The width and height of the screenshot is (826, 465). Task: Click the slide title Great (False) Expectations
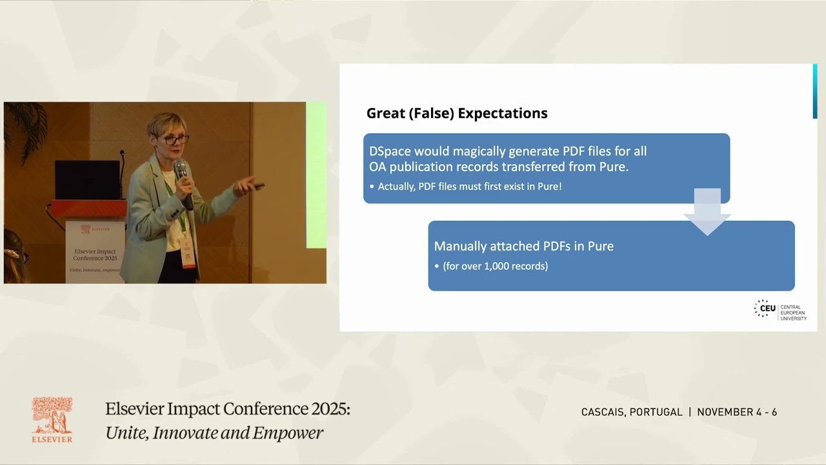click(x=457, y=113)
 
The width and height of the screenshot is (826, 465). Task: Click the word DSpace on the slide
click(x=390, y=151)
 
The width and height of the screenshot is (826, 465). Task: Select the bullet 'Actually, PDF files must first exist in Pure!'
click(x=469, y=186)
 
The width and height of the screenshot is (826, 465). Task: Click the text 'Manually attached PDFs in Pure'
click(x=523, y=246)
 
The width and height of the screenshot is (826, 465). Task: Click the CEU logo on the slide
click(x=765, y=309)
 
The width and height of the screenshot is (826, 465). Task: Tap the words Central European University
click(x=793, y=313)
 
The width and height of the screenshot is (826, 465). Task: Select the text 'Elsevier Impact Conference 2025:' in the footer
click(x=227, y=409)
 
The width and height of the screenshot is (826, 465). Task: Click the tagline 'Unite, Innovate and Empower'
click(x=214, y=433)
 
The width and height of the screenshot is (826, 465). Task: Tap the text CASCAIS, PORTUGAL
click(x=631, y=412)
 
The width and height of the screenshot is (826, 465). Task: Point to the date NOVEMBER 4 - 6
click(x=737, y=412)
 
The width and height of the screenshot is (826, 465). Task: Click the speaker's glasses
click(x=176, y=139)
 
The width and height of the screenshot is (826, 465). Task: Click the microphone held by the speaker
click(x=182, y=174)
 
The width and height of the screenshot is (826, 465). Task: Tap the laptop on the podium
click(x=86, y=180)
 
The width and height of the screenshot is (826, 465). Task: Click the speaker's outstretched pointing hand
click(x=248, y=187)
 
